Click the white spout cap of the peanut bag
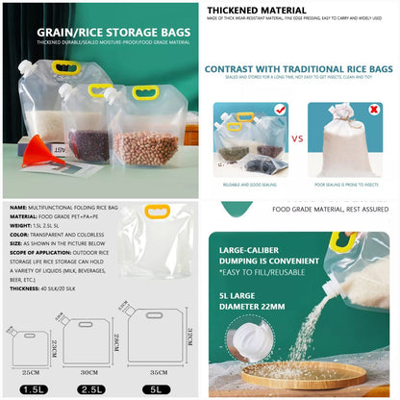coord(113,96)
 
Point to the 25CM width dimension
coord(31,368)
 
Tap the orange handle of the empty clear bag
coord(157,212)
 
